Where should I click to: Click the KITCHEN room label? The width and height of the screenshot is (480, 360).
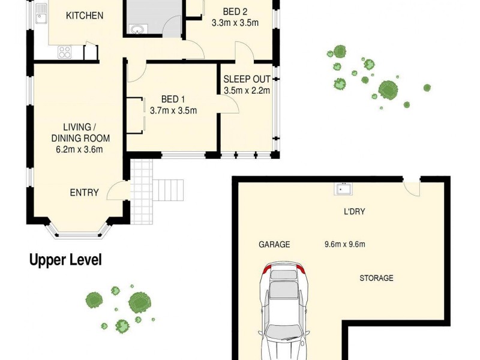click(85, 16)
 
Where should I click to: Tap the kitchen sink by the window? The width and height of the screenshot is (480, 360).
click(41, 13)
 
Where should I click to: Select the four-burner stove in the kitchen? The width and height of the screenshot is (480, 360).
click(65, 52)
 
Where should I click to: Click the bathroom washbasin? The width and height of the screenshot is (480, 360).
click(137, 29)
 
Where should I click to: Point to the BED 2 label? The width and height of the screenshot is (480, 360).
click(235, 11)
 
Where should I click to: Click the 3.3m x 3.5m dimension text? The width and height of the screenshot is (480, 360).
click(235, 23)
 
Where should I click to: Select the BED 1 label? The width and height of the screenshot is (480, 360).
click(173, 99)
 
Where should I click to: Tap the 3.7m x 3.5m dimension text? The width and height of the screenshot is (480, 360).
click(173, 110)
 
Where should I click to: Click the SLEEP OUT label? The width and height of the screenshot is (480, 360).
click(247, 79)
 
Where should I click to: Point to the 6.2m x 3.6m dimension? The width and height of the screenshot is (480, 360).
click(79, 149)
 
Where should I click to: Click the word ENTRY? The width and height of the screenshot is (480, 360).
click(84, 193)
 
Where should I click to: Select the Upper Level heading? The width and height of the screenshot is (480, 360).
click(65, 260)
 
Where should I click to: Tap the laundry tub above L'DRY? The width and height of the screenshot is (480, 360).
click(343, 188)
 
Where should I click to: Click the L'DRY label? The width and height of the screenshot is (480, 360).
click(354, 212)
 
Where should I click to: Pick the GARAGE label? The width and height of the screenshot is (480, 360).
click(274, 244)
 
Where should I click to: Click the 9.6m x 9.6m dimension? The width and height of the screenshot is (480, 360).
click(344, 244)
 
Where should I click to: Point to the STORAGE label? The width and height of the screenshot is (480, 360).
click(376, 278)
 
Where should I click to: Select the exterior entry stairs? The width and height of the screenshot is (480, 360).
click(168, 190)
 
